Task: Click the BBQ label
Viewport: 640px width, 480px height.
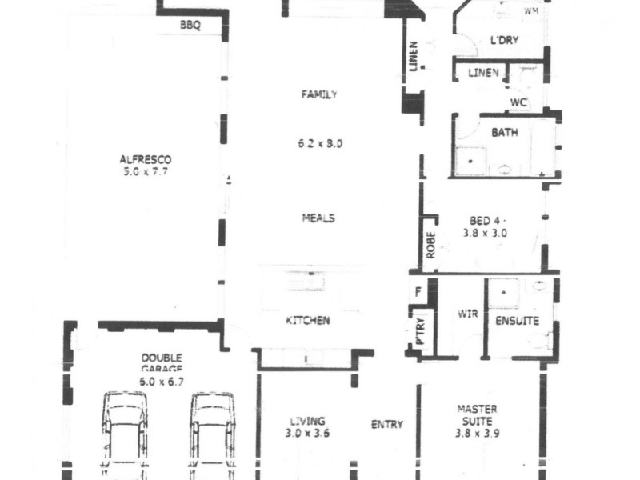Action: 190,26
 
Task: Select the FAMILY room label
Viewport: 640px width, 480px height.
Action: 318,94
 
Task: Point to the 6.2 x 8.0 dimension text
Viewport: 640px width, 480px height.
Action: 319,145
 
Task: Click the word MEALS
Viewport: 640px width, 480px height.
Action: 318,218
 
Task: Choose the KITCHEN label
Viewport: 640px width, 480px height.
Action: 308,321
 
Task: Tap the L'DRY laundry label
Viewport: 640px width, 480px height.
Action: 505,42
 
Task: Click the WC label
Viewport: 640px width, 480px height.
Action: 518,102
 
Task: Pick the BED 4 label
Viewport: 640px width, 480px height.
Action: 486,221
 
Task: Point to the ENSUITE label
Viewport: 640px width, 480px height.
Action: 518,321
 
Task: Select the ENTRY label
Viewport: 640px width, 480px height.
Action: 387,425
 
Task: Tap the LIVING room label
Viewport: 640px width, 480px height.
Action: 308,422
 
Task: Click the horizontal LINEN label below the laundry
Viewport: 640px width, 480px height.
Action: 483,73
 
